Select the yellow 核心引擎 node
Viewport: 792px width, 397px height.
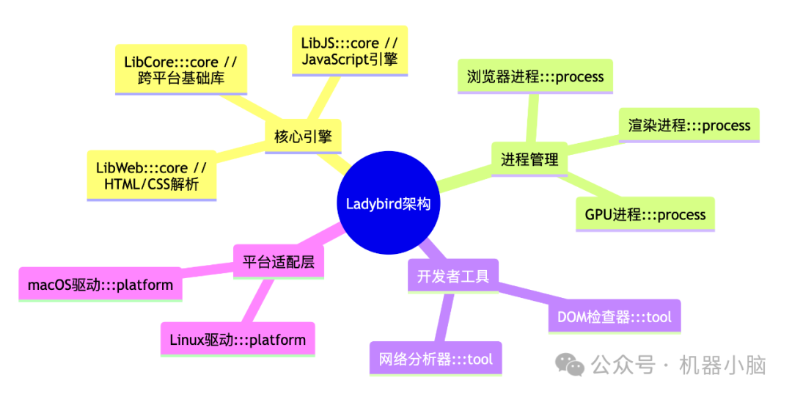click(x=303, y=136)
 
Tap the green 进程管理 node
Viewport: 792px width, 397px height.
click(x=529, y=159)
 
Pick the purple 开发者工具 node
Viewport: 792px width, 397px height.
click(x=452, y=276)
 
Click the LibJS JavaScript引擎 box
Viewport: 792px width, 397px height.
click(x=349, y=49)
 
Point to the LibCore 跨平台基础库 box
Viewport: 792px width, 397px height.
click(x=181, y=70)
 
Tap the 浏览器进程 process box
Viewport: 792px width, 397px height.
click(x=535, y=76)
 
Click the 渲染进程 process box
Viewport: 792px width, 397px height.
click(x=689, y=125)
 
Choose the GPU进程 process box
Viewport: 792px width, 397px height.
click(x=645, y=214)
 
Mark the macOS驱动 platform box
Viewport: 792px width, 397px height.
click(x=100, y=284)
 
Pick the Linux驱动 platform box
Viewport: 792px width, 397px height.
click(x=238, y=340)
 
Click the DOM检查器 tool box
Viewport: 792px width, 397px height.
click(x=614, y=317)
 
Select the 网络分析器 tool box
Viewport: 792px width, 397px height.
click(x=436, y=359)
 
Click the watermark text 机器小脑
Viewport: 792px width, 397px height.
click(x=722, y=364)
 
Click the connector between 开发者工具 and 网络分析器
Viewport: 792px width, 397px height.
click(x=444, y=317)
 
